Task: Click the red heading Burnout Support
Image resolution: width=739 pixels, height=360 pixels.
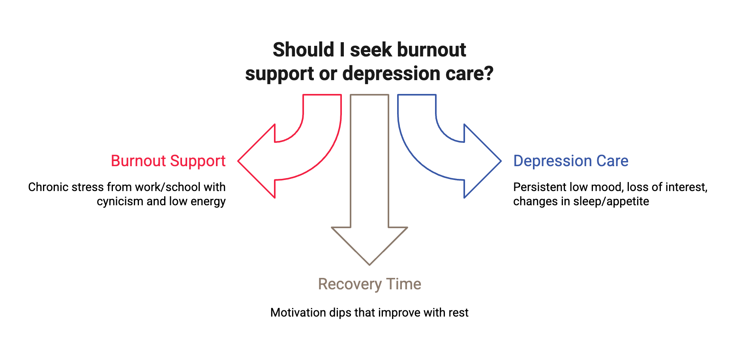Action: pos(169,161)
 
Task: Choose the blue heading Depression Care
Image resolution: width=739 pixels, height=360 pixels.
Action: pos(571,161)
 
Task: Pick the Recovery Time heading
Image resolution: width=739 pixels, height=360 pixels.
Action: pos(369,284)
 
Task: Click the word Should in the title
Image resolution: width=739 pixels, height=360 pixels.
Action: pos(303,50)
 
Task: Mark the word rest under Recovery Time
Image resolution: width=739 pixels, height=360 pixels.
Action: pos(458,313)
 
